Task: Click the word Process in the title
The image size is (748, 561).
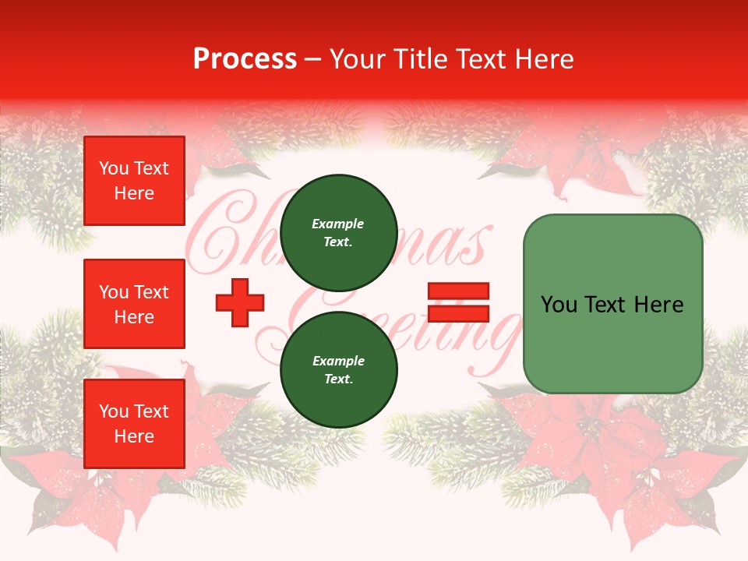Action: tap(245, 58)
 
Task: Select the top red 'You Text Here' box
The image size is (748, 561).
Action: tap(134, 181)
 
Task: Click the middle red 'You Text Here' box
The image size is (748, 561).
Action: tap(134, 304)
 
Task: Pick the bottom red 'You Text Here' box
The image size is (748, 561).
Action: tap(134, 424)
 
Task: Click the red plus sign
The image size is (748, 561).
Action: tap(240, 302)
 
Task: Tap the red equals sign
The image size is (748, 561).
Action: tap(459, 302)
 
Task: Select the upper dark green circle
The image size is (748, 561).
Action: tap(338, 233)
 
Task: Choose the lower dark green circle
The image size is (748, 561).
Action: tap(338, 370)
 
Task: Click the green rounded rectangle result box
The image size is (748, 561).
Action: tap(612, 304)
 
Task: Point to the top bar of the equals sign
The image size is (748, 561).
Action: tap(459, 291)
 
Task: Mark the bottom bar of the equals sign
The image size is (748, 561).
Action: tap(459, 313)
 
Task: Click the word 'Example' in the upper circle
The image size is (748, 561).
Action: tap(338, 224)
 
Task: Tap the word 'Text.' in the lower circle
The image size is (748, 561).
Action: tap(338, 379)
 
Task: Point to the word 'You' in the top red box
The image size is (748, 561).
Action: tap(113, 168)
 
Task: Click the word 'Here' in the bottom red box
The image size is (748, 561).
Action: tap(134, 436)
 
